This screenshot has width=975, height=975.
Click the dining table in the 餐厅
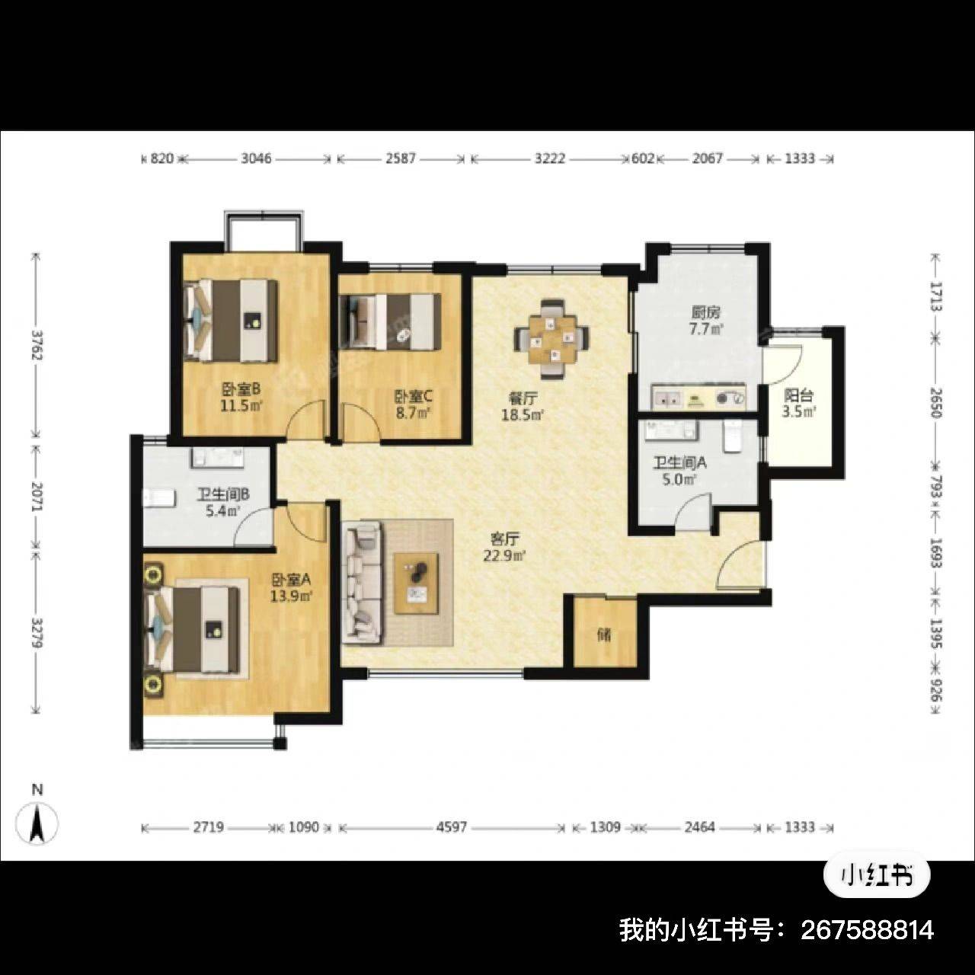[x=551, y=339]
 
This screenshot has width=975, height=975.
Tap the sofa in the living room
[x=363, y=583]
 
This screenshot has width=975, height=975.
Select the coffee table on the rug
[x=417, y=583]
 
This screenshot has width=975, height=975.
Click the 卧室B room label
[x=241, y=389]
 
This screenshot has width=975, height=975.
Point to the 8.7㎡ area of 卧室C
[x=413, y=412]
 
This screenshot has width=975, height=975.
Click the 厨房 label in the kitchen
[x=706, y=313]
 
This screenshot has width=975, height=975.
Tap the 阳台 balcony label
[x=798, y=395]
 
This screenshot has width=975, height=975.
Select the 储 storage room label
[x=604, y=634]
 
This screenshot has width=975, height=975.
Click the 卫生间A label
[x=679, y=462]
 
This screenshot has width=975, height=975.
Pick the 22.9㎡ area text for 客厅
[x=504, y=556]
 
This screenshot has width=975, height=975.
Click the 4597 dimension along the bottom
[x=452, y=826]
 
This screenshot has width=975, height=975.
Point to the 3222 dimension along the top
[x=550, y=158]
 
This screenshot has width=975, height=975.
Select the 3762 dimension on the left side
[x=36, y=344]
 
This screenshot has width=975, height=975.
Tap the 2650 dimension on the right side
[x=935, y=402]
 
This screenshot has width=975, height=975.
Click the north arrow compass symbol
[x=37, y=823]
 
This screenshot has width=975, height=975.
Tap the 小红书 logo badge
[x=877, y=876]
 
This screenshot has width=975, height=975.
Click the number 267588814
[x=868, y=930]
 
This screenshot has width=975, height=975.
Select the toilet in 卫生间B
[x=158, y=497]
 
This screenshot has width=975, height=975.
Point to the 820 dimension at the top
[x=162, y=159]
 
